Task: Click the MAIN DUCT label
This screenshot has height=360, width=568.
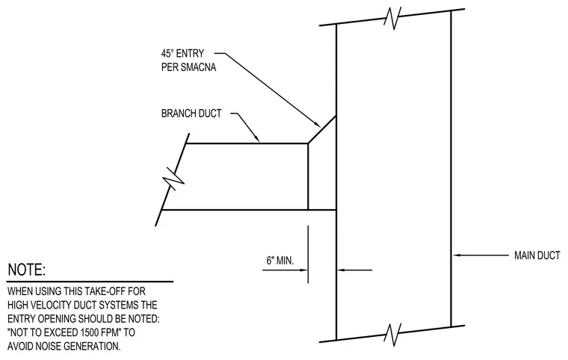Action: tap(537, 255)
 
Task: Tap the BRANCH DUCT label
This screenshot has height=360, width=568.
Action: tap(191, 114)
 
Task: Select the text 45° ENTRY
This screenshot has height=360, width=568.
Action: tap(182, 54)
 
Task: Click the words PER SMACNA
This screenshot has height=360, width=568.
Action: tap(189, 67)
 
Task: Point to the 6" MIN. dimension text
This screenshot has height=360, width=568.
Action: tap(280, 261)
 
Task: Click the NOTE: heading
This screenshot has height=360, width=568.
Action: tap(27, 270)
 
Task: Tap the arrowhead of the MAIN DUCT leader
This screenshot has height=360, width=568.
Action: tap(457, 255)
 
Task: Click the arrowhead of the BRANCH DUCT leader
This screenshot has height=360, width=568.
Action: tap(257, 139)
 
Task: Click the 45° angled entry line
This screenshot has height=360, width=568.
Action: tap(321, 129)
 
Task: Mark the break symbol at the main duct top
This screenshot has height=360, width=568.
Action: tap(392, 17)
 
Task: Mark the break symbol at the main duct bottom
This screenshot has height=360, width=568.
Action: tap(392, 334)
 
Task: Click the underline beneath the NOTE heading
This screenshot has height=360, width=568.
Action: tap(90, 282)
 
